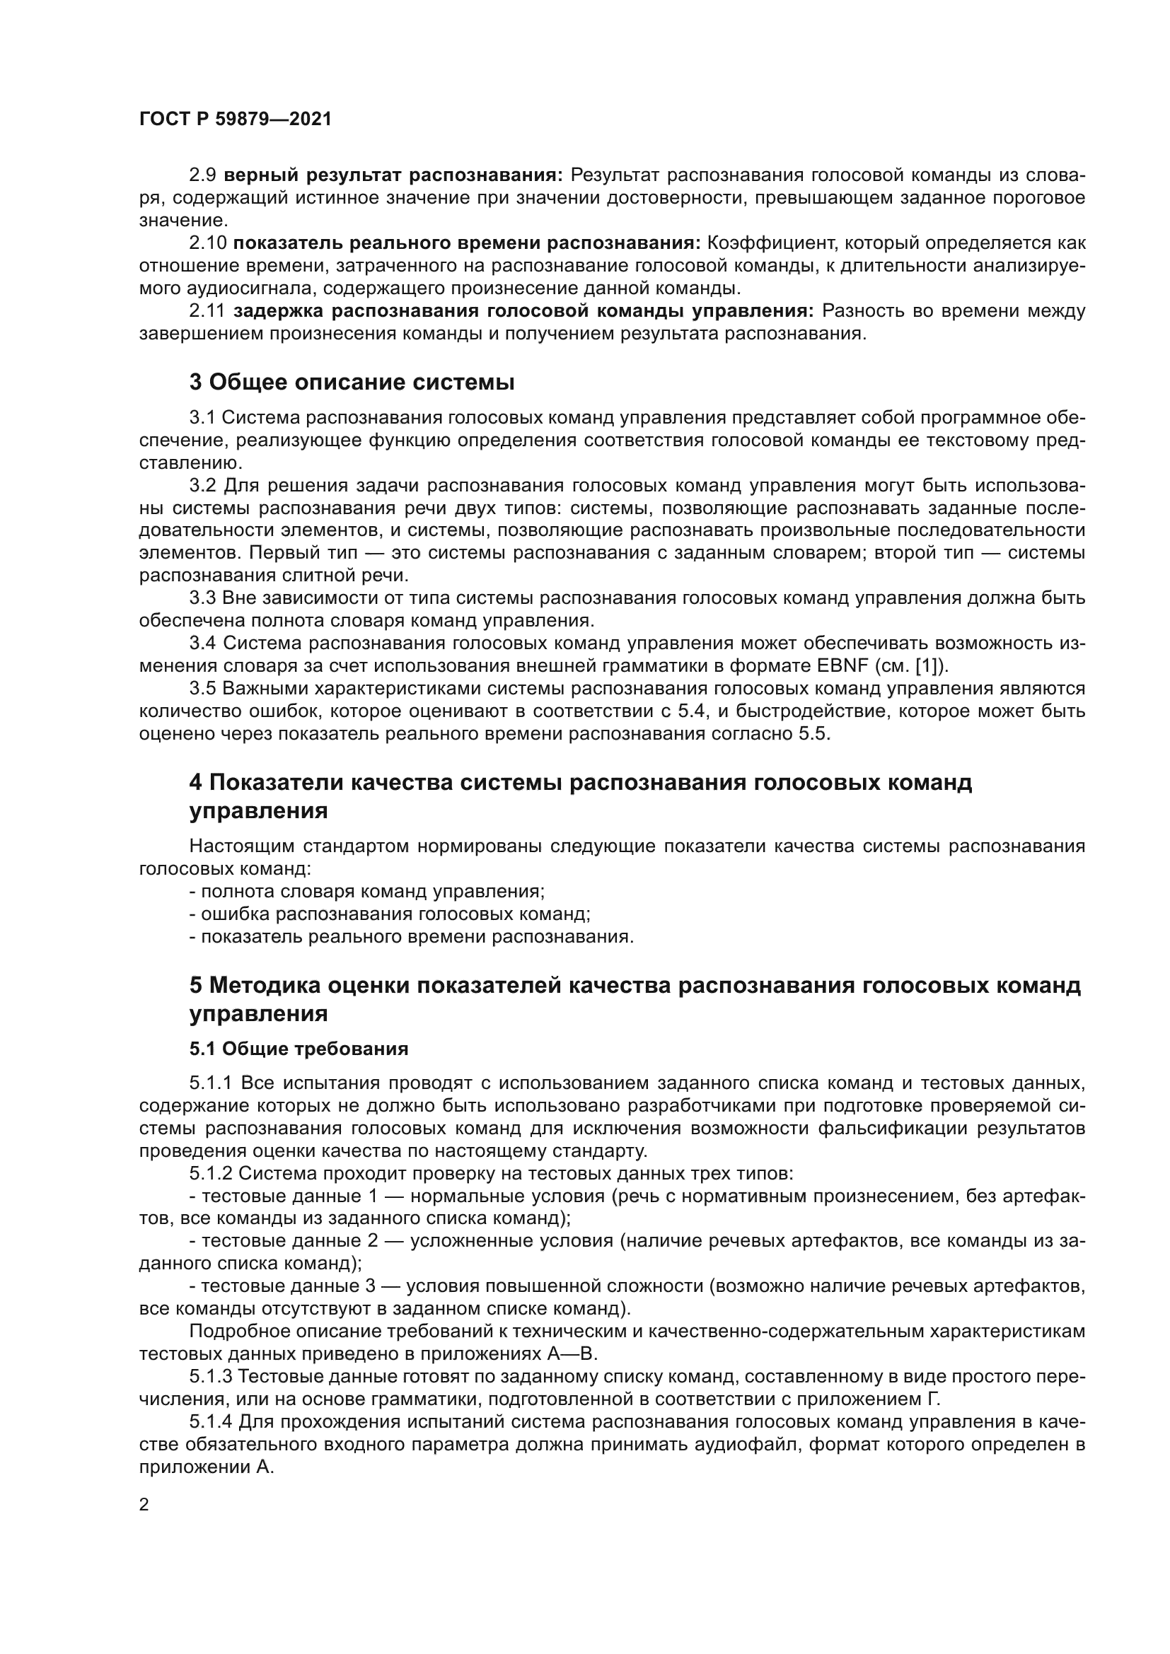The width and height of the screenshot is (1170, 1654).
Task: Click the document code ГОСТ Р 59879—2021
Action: click(236, 120)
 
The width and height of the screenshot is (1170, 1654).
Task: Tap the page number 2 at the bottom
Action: click(144, 1505)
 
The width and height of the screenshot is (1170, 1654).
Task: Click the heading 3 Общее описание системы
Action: click(352, 383)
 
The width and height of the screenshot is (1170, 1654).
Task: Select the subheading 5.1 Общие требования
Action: click(299, 1049)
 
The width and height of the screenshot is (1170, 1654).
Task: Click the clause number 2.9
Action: click(202, 175)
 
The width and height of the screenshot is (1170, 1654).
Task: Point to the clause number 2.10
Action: click(207, 243)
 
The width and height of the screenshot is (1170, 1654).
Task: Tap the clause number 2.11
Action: click(207, 311)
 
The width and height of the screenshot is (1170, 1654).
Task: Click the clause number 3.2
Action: click(202, 486)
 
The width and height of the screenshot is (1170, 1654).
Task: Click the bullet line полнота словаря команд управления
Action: click(367, 891)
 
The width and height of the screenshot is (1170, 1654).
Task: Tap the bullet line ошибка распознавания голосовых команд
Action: click(390, 914)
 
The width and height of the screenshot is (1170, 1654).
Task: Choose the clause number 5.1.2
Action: click(210, 1174)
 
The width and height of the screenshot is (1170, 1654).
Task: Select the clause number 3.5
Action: click(202, 689)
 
